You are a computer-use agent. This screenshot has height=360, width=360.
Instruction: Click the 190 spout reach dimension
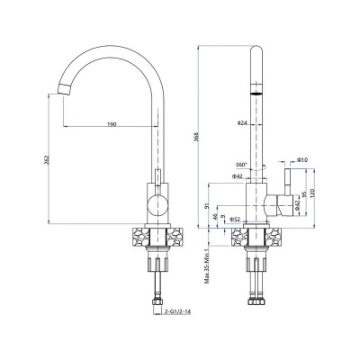112,123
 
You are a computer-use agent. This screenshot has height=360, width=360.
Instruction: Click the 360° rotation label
240,165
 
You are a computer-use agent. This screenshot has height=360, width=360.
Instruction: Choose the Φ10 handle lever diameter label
302,158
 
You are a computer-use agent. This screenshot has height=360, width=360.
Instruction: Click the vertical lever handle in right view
288,180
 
